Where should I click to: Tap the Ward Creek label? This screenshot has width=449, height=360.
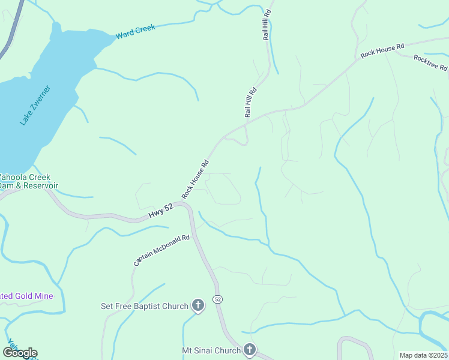coord(136,32)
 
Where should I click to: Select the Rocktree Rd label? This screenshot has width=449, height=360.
coord(430,62)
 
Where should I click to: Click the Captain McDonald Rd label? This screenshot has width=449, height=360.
coord(161,250)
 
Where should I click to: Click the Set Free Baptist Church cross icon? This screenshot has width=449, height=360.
coord(197,306)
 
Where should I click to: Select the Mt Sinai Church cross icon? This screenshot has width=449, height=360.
coord(250,350)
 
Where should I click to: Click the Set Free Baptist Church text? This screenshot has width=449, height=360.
coord(145,307)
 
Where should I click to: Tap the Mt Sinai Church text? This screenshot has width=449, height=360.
coord(211,350)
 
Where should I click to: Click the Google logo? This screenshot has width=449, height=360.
coord(20,353)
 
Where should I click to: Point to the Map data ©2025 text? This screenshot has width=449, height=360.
coord(424,355)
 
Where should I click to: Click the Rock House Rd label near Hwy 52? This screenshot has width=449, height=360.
coord(196,179)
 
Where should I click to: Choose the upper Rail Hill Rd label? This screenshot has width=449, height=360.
coord(268,25)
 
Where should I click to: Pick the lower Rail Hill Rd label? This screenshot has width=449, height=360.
coord(250,102)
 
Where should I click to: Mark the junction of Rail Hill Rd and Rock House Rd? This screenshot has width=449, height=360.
coord(247,125)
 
